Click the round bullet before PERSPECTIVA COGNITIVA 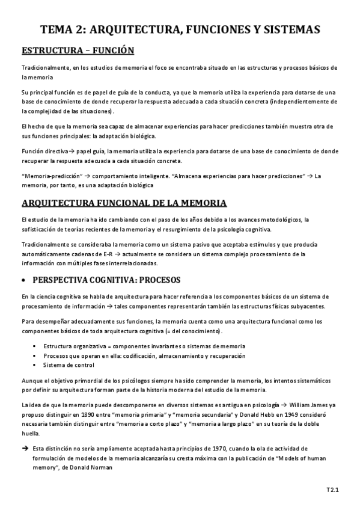tap(24, 280)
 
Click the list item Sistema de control tap(69, 365)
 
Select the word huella tap(30, 433)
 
